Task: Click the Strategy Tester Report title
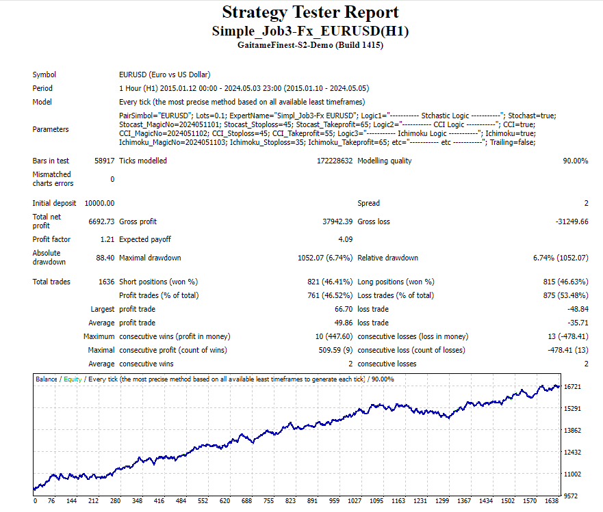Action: (x=310, y=12)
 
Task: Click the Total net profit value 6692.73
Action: (x=100, y=221)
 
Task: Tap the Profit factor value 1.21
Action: (x=106, y=239)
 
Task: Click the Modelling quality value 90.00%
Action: (x=575, y=161)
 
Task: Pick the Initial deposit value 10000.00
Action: (x=99, y=203)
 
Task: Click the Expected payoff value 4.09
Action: (x=345, y=239)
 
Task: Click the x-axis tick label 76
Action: (x=51, y=501)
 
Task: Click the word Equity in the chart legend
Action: (x=73, y=379)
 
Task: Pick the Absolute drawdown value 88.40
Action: (x=105, y=258)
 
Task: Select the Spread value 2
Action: (x=586, y=203)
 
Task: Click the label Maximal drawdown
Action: (x=150, y=258)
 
